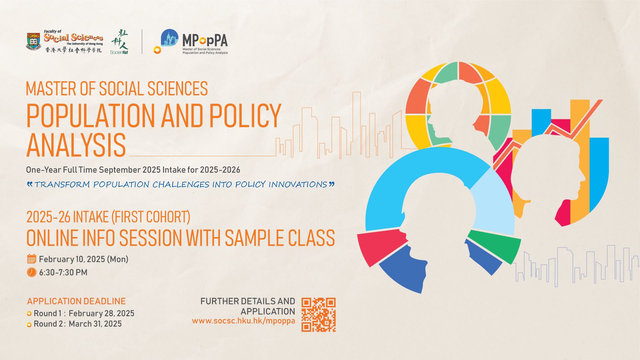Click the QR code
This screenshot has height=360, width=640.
coord(318,315)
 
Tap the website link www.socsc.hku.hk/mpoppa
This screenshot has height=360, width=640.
coord(243,321)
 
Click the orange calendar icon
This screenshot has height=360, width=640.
coord(32,259)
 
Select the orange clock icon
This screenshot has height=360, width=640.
coord(32,272)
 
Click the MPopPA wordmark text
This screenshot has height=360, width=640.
coord(205,40)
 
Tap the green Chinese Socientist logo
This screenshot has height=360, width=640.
coord(119,42)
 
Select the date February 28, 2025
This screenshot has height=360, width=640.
coord(101,313)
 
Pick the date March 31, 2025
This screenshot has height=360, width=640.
coord(95,324)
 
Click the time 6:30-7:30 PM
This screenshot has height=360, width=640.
coord(63,272)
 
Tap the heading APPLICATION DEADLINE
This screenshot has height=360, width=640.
coord(76,301)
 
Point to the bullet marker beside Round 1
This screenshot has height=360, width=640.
coord(29,314)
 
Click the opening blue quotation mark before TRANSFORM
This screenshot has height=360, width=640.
coord(30,183)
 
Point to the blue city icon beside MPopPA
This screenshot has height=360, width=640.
coord(169,38)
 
